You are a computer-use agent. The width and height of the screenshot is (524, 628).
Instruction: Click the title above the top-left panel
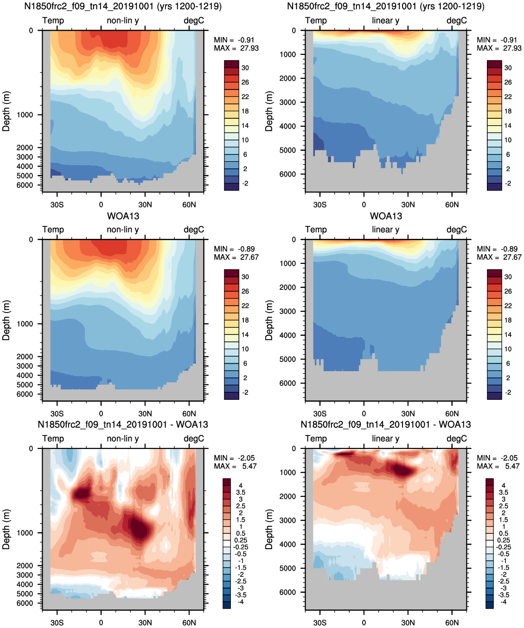(x=123, y=6)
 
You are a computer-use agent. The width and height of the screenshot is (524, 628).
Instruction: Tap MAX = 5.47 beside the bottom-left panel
(x=235, y=466)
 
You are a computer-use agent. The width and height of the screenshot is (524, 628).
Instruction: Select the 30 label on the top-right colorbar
(x=508, y=68)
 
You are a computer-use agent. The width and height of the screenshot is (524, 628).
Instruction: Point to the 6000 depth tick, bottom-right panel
(x=288, y=592)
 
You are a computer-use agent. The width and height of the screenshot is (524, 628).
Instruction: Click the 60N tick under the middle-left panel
(x=189, y=414)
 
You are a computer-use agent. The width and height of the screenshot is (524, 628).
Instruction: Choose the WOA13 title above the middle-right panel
(x=386, y=216)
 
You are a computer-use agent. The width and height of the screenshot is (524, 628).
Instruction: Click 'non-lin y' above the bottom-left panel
(x=122, y=439)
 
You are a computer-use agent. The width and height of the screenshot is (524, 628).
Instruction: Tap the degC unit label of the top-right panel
(x=457, y=21)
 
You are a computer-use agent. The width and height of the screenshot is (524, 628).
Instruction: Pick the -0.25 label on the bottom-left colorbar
(x=240, y=547)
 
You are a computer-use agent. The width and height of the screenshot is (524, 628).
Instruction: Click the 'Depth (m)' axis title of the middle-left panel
(x=6, y=320)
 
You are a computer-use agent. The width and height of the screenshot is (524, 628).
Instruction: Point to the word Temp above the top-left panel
(x=53, y=21)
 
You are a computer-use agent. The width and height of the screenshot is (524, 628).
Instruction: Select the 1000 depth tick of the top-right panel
(x=288, y=54)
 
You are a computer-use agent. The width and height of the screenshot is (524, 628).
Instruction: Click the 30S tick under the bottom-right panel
(x=320, y=623)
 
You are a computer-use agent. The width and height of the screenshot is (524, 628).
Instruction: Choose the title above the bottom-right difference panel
(x=386, y=425)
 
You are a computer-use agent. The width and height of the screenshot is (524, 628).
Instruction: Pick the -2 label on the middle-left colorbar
(x=245, y=393)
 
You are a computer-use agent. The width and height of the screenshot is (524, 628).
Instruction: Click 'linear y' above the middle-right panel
(x=385, y=230)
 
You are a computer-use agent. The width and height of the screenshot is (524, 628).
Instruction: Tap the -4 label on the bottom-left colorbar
(x=241, y=602)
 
